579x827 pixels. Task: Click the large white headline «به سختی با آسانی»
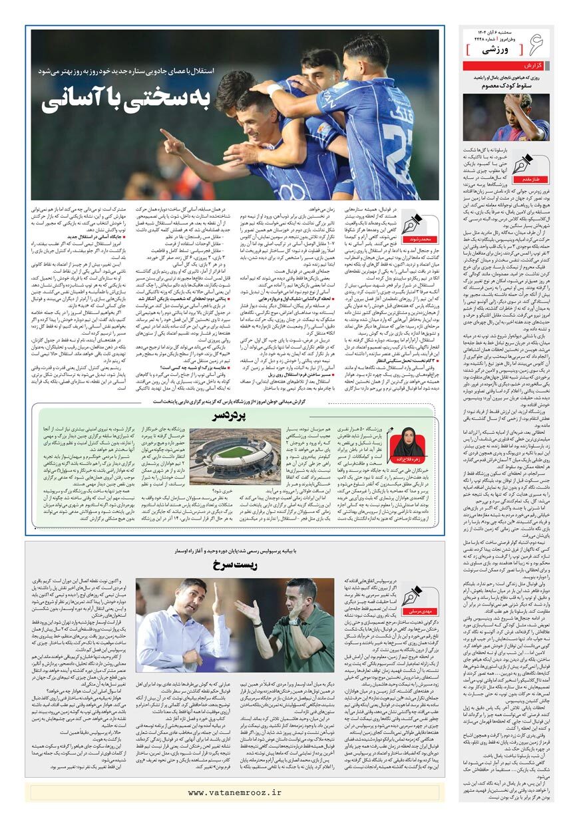(x=126, y=99)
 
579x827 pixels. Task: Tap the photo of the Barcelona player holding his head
(x=506, y=118)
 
